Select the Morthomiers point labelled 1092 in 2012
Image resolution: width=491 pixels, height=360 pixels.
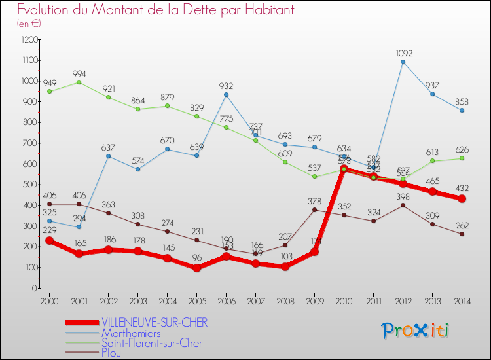(x=403, y=62)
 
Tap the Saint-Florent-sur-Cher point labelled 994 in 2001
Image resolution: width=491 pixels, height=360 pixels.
(x=79, y=82)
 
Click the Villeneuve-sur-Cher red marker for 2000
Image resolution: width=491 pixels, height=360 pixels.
(x=49, y=241)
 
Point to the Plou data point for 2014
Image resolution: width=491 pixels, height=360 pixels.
(x=462, y=234)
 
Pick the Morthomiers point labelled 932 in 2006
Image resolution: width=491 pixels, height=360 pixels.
(x=226, y=95)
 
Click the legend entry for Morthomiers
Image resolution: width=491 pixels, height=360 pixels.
(x=130, y=333)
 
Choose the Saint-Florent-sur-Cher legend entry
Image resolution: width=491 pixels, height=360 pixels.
(x=151, y=343)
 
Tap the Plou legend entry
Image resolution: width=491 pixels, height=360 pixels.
(x=111, y=353)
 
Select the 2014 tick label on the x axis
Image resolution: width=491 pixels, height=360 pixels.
(x=462, y=300)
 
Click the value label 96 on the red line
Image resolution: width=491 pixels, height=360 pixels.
(x=196, y=258)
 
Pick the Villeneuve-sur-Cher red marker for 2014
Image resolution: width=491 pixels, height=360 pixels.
(x=462, y=198)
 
